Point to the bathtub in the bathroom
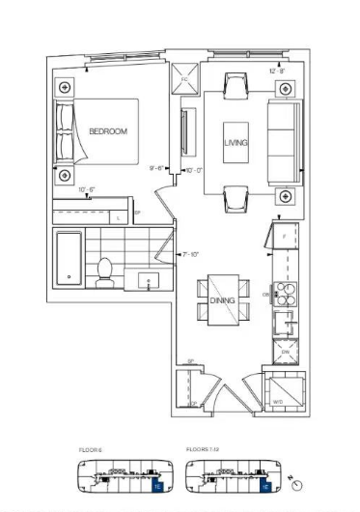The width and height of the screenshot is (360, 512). click(69, 260)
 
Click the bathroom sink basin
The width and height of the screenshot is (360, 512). click(148, 281)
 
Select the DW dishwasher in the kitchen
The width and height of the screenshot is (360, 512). click(285, 353)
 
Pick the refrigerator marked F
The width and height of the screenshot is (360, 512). click(286, 239)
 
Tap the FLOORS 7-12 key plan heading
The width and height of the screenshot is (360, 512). click(202, 450)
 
